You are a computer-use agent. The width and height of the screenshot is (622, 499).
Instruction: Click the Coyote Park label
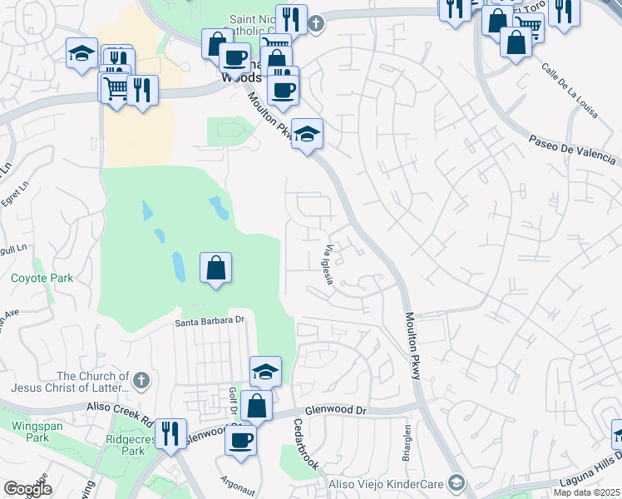point(42,279)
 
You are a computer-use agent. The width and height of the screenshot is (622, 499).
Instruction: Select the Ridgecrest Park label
point(126,445)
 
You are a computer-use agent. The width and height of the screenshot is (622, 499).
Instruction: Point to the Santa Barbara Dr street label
point(213,320)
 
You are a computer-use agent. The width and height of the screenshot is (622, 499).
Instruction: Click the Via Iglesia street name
point(329,264)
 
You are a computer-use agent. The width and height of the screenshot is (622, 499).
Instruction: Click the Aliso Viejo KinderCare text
point(392,483)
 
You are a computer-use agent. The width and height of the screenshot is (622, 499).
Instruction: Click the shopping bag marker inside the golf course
point(216,268)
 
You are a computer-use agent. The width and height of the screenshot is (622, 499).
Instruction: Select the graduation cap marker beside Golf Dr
point(265,371)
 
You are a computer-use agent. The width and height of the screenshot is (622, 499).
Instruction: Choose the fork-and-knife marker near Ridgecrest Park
point(170,433)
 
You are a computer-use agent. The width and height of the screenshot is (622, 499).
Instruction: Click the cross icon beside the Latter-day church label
point(141,381)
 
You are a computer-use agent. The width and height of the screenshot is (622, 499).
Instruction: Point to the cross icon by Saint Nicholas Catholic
point(315,23)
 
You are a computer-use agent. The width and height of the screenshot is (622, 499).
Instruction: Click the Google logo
point(27,489)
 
